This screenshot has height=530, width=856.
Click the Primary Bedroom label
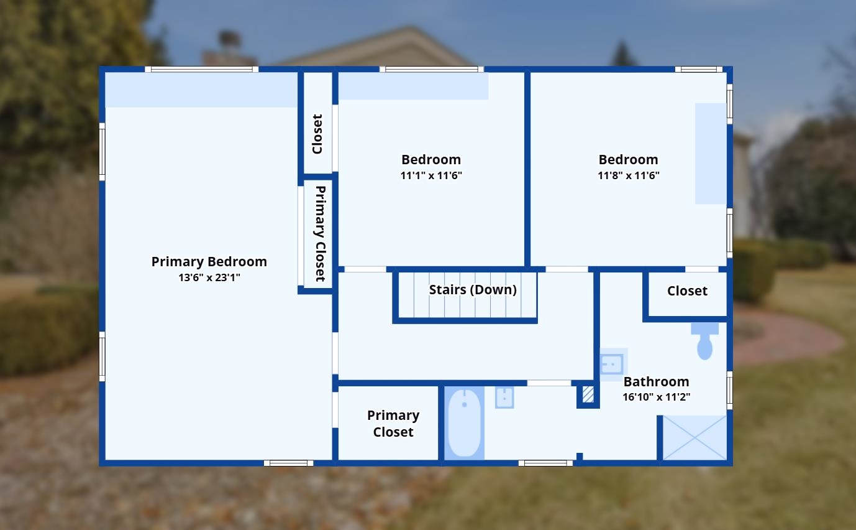click(x=209, y=262)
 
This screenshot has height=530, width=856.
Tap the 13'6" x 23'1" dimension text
click(x=209, y=277)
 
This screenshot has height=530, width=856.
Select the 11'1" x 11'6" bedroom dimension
click(x=431, y=175)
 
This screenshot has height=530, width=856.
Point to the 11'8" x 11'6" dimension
click(x=628, y=175)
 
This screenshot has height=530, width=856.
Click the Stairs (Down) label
click(x=473, y=290)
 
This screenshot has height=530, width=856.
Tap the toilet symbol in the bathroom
click(x=704, y=341)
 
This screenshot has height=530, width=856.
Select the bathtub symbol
click(x=464, y=423)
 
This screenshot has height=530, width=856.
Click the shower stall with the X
click(x=694, y=438)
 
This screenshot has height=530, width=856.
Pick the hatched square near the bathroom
click(x=588, y=394)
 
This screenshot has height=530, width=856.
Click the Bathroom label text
click(x=656, y=381)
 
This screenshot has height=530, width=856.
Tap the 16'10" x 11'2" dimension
click(x=656, y=397)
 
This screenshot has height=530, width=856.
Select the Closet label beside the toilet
click(x=687, y=291)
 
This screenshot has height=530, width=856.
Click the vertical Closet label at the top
click(x=317, y=134)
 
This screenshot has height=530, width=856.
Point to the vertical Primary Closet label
click(x=321, y=233)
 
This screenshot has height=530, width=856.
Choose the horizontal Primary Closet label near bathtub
click(x=393, y=423)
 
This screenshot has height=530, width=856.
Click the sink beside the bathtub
click(x=504, y=397)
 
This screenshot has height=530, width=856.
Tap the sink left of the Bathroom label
click(x=612, y=364)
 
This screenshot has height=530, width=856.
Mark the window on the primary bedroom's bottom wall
click(x=288, y=463)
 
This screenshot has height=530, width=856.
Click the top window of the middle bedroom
click(x=432, y=69)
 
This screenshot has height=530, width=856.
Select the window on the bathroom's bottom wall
click(x=545, y=463)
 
